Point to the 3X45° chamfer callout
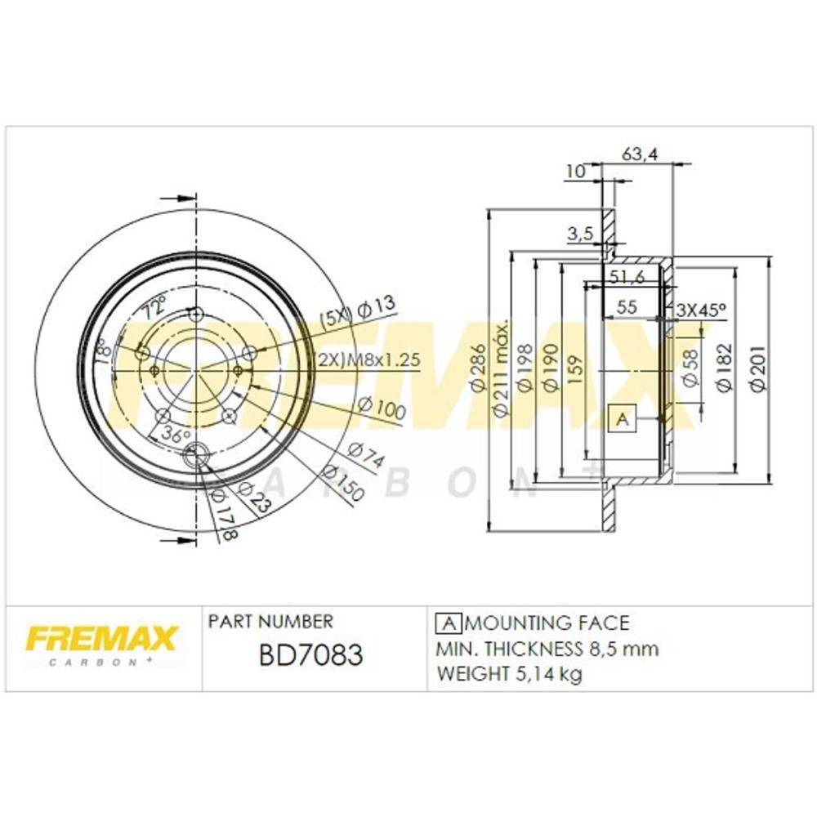click(702, 310)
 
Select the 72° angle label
click(154, 310)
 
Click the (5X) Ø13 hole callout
click(357, 311)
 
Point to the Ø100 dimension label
click(382, 408)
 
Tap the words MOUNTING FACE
click(548, 623)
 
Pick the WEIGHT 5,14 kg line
click(510, 675)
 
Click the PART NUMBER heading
click(270, 622)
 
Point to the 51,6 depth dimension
click(627, 278)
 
